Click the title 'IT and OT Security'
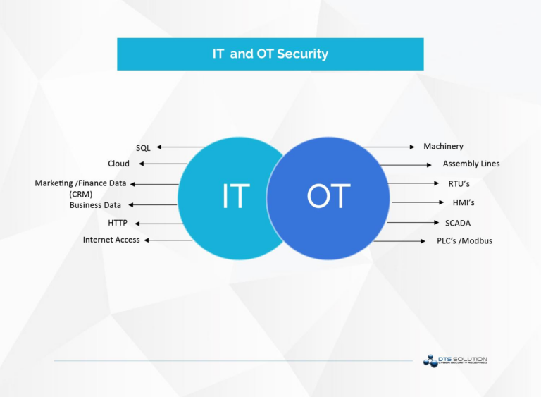(x=270, y=54)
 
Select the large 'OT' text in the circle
(x=328, y=196)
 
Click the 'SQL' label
(x=143, y=148)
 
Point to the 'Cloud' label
(x=118, y=164)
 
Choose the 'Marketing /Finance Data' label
(x=80, y=183)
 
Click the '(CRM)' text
(x=80, y=194)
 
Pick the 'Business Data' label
(x=95, y=205)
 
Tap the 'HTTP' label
(x=118, y=223)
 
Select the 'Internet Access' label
(x=111, y=240)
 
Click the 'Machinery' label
(x=443, y=147)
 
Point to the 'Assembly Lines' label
(x=471, y=164)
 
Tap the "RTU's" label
(x=459, y=183)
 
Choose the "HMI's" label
(x=464, y=203)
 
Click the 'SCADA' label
(x=457, y=223)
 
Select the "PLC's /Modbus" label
(x=464, y=240)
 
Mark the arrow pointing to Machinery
(x=389, y=147)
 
